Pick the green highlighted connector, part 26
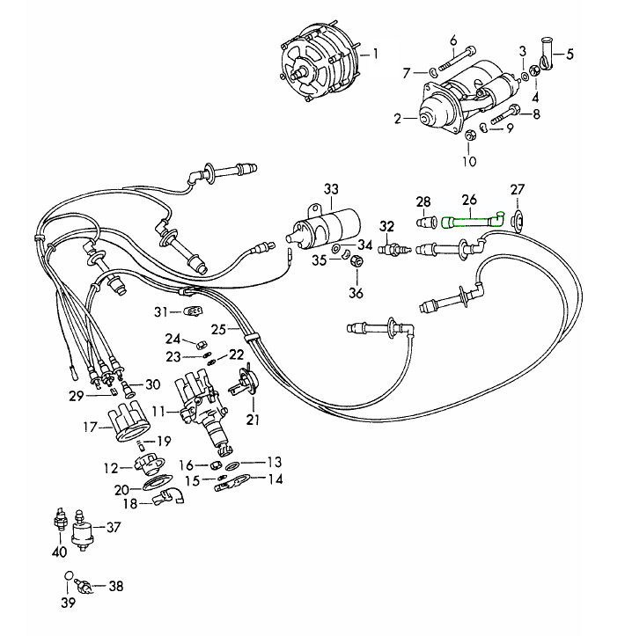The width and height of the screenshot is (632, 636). [472, 221]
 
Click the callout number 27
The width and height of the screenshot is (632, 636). [517, 190]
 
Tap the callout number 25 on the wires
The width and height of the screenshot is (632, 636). [218, 329]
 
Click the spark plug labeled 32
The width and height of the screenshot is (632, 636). [393, 251]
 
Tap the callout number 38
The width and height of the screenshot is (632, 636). [116, 585]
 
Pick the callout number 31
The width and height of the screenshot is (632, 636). [159, 311]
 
